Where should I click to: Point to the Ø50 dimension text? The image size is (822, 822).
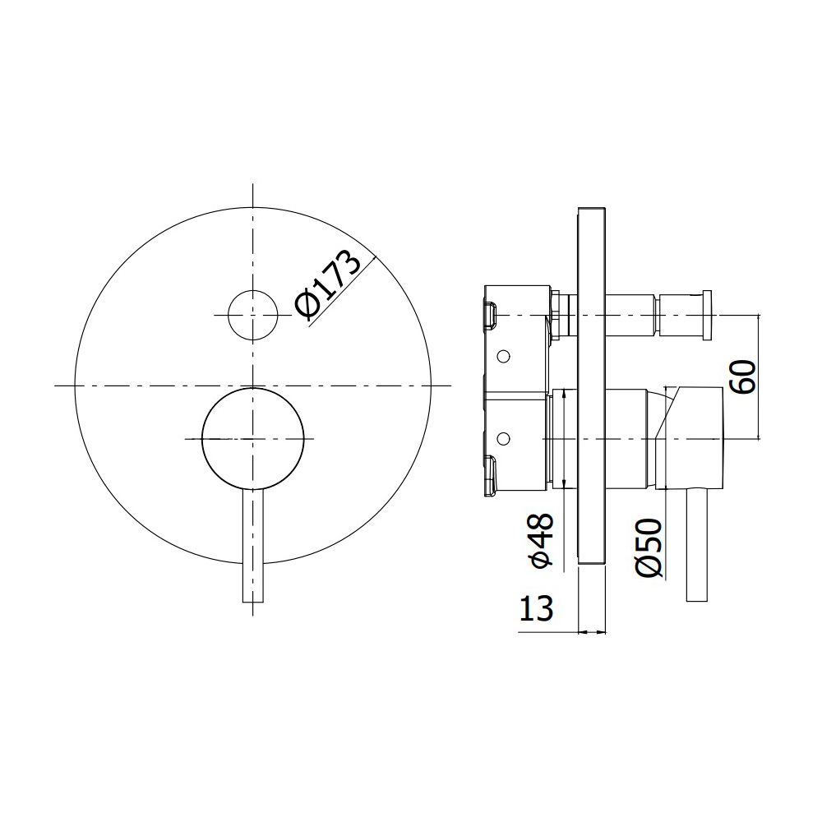tap(649, 547)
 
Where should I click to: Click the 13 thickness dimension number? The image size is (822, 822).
tap(536, 608)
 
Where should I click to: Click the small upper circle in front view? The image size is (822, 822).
tap(252, 315)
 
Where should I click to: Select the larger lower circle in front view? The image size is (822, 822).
tap(252, 439)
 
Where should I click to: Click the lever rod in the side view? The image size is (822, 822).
tap(697, 545)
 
